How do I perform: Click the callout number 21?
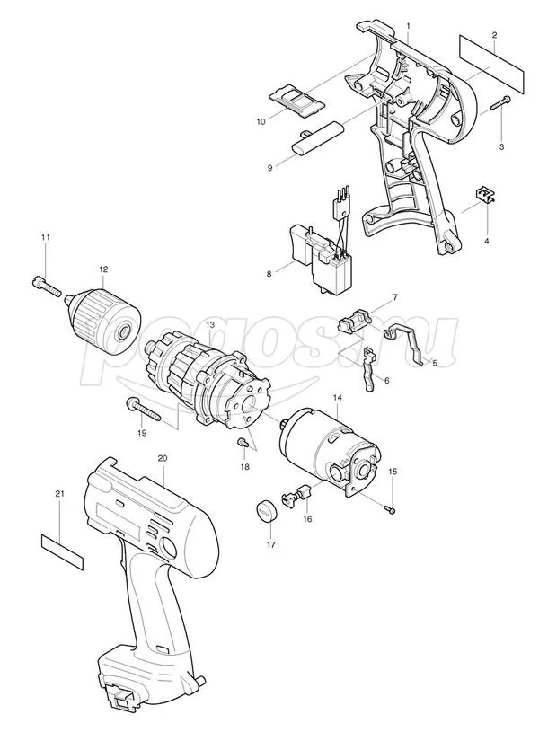(59, 493)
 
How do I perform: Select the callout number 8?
(269, 274)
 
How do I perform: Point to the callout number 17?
(271, 544)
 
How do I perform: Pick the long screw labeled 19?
(144, 410)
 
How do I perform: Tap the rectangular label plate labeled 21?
(62, 551)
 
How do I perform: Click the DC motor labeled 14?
(331, 451)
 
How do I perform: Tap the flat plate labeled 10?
(297, 101)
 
